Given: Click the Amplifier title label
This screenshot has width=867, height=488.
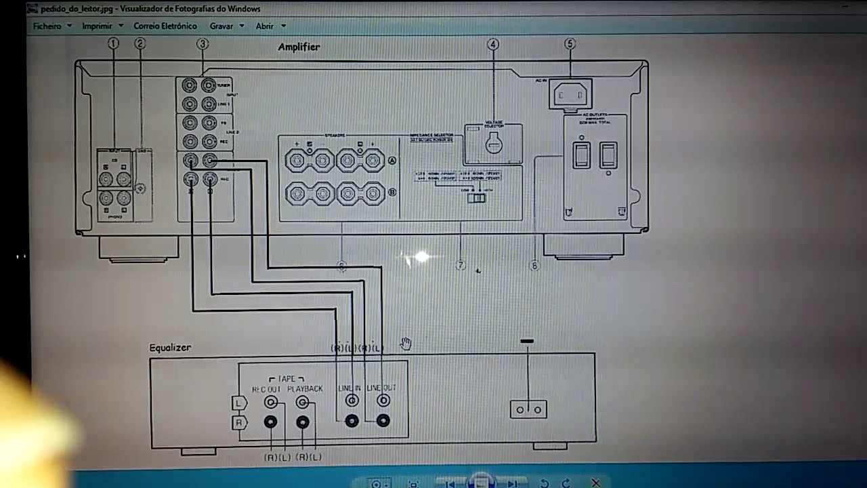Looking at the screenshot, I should point(299,47).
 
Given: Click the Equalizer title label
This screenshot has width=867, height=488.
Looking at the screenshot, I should point(170,348).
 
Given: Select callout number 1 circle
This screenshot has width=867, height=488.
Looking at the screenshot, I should point(113,43).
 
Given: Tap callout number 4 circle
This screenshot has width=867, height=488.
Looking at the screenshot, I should point(493,45).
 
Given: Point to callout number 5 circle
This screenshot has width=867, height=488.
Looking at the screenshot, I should point(570,44).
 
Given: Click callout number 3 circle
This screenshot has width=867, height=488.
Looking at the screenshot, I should point(203,44).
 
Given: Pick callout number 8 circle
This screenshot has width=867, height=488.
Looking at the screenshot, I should point(534,266).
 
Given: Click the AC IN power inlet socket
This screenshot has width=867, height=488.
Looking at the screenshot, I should point(570,95).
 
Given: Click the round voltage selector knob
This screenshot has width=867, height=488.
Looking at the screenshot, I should point(494,143).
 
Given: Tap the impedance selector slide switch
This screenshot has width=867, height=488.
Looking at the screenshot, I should point(476,198).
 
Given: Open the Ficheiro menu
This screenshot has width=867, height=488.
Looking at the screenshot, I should point(47,26).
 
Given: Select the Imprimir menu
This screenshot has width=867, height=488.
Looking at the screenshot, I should point(97,26).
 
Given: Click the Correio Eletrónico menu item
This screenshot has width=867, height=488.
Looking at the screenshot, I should point(165,26).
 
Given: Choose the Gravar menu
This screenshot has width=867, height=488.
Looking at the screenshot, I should point(221,26).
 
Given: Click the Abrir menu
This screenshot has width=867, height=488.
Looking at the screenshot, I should point(265,26).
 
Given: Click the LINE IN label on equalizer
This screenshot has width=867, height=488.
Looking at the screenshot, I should point(350,388).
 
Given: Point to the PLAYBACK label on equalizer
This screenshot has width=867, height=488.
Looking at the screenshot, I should point(305,389).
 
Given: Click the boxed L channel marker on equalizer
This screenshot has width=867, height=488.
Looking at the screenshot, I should point(238,403).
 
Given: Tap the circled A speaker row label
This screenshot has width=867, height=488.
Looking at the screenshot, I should point(392,161).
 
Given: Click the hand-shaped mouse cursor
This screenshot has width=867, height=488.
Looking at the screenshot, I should point(405,344).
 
